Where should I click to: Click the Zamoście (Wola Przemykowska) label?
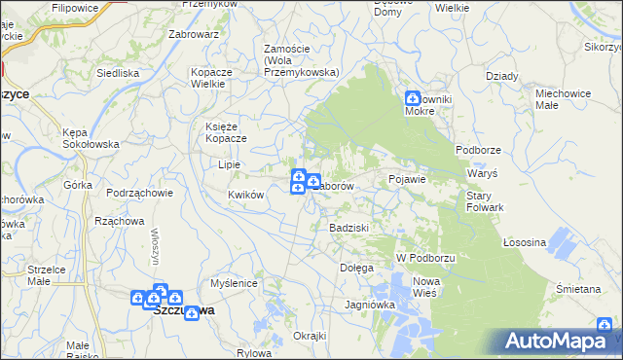coord(300,60)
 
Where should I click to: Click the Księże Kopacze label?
coord(227,132)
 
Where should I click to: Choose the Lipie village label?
coord(230,164)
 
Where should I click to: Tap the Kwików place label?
coord(246,195)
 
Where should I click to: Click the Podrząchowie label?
coord(140,193)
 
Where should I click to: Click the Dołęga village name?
coord(356,267)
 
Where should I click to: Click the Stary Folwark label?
coord(485,201)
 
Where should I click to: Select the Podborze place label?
coord(477,150)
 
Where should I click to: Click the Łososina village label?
coord(525,242)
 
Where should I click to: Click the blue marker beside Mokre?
coord(412,99)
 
